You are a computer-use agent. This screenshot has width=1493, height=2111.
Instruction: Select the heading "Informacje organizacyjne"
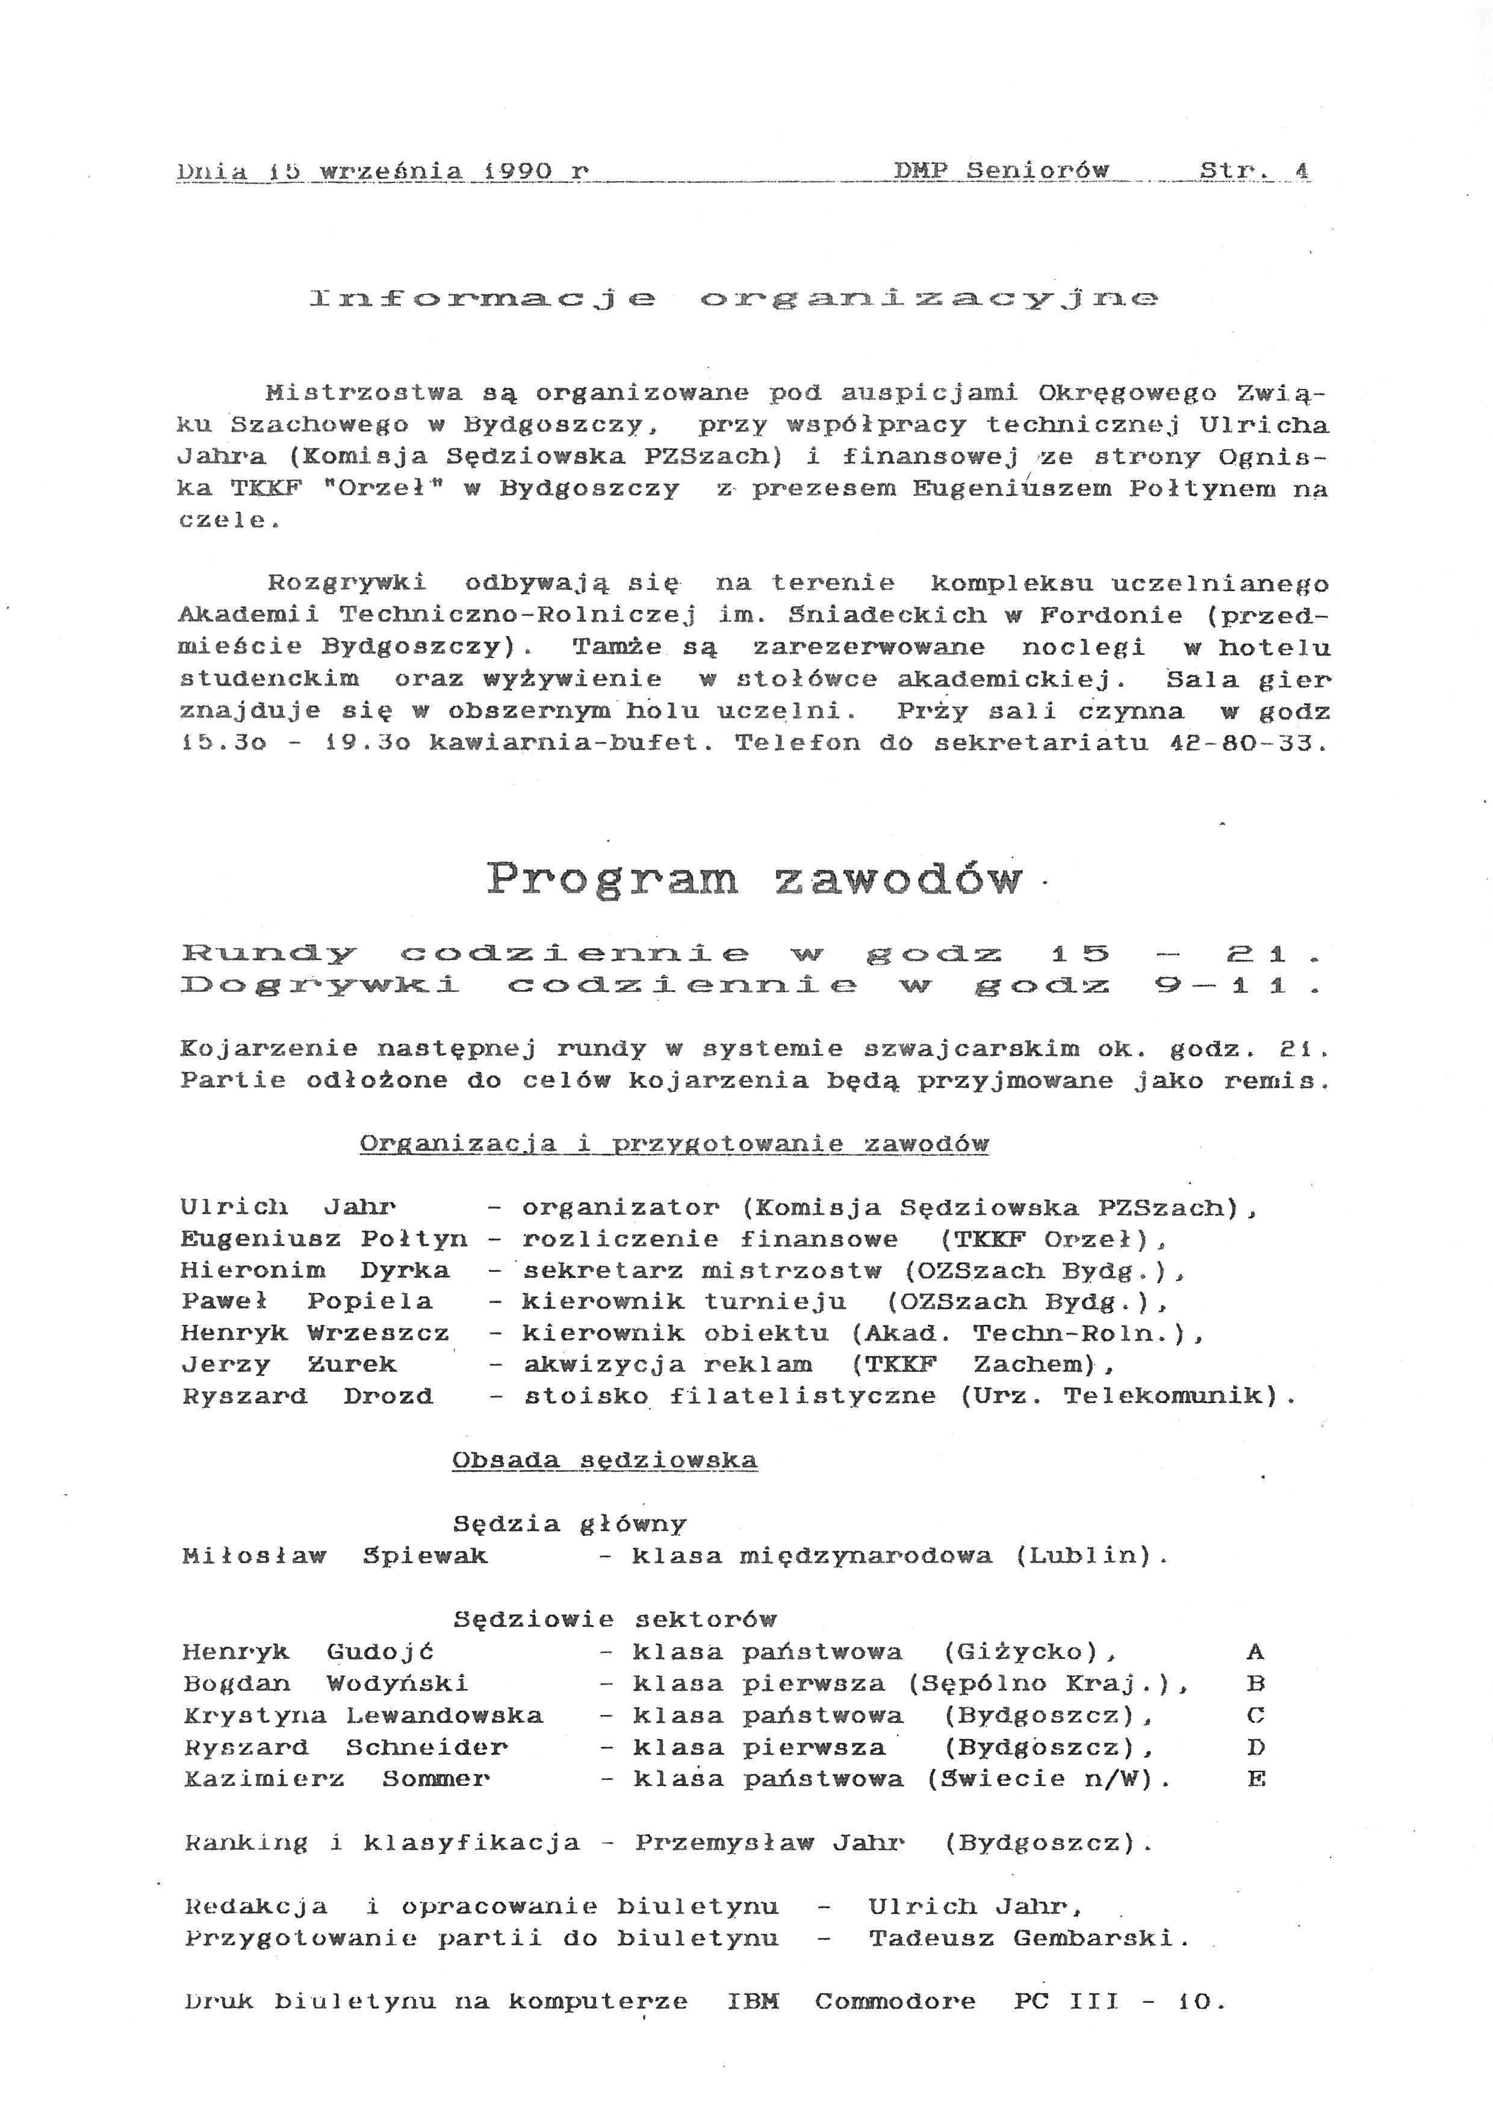coord(734,299)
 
